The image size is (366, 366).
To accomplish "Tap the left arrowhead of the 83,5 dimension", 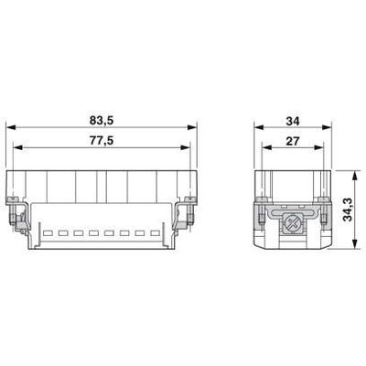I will (x=11, y=127).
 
